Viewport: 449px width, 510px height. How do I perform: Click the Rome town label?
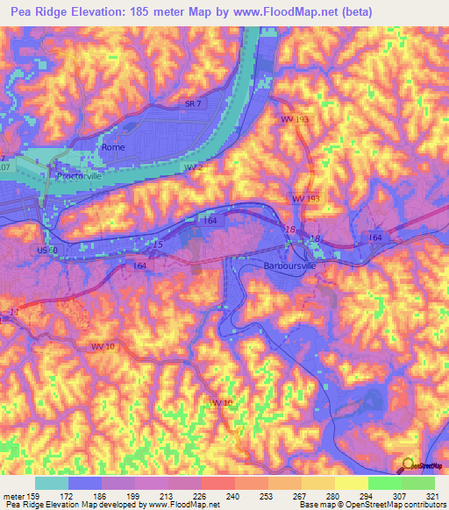pyautogui.click(x=114, y=147)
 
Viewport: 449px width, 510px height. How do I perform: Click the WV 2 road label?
pyautogui.click(x=192, y=166)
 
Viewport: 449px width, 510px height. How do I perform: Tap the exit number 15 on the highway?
pyautogui.click(x=157, y=244)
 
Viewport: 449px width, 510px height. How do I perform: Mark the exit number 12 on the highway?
pyautogui.click(x=13, y=311)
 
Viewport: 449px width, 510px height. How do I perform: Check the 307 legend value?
pyautogui.click(x=388, y=495)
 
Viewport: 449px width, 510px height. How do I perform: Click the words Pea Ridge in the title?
pyautogui.click(x=34, y=12)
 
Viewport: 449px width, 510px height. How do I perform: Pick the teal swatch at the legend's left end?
pyautogui.click(x=52, y=483)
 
